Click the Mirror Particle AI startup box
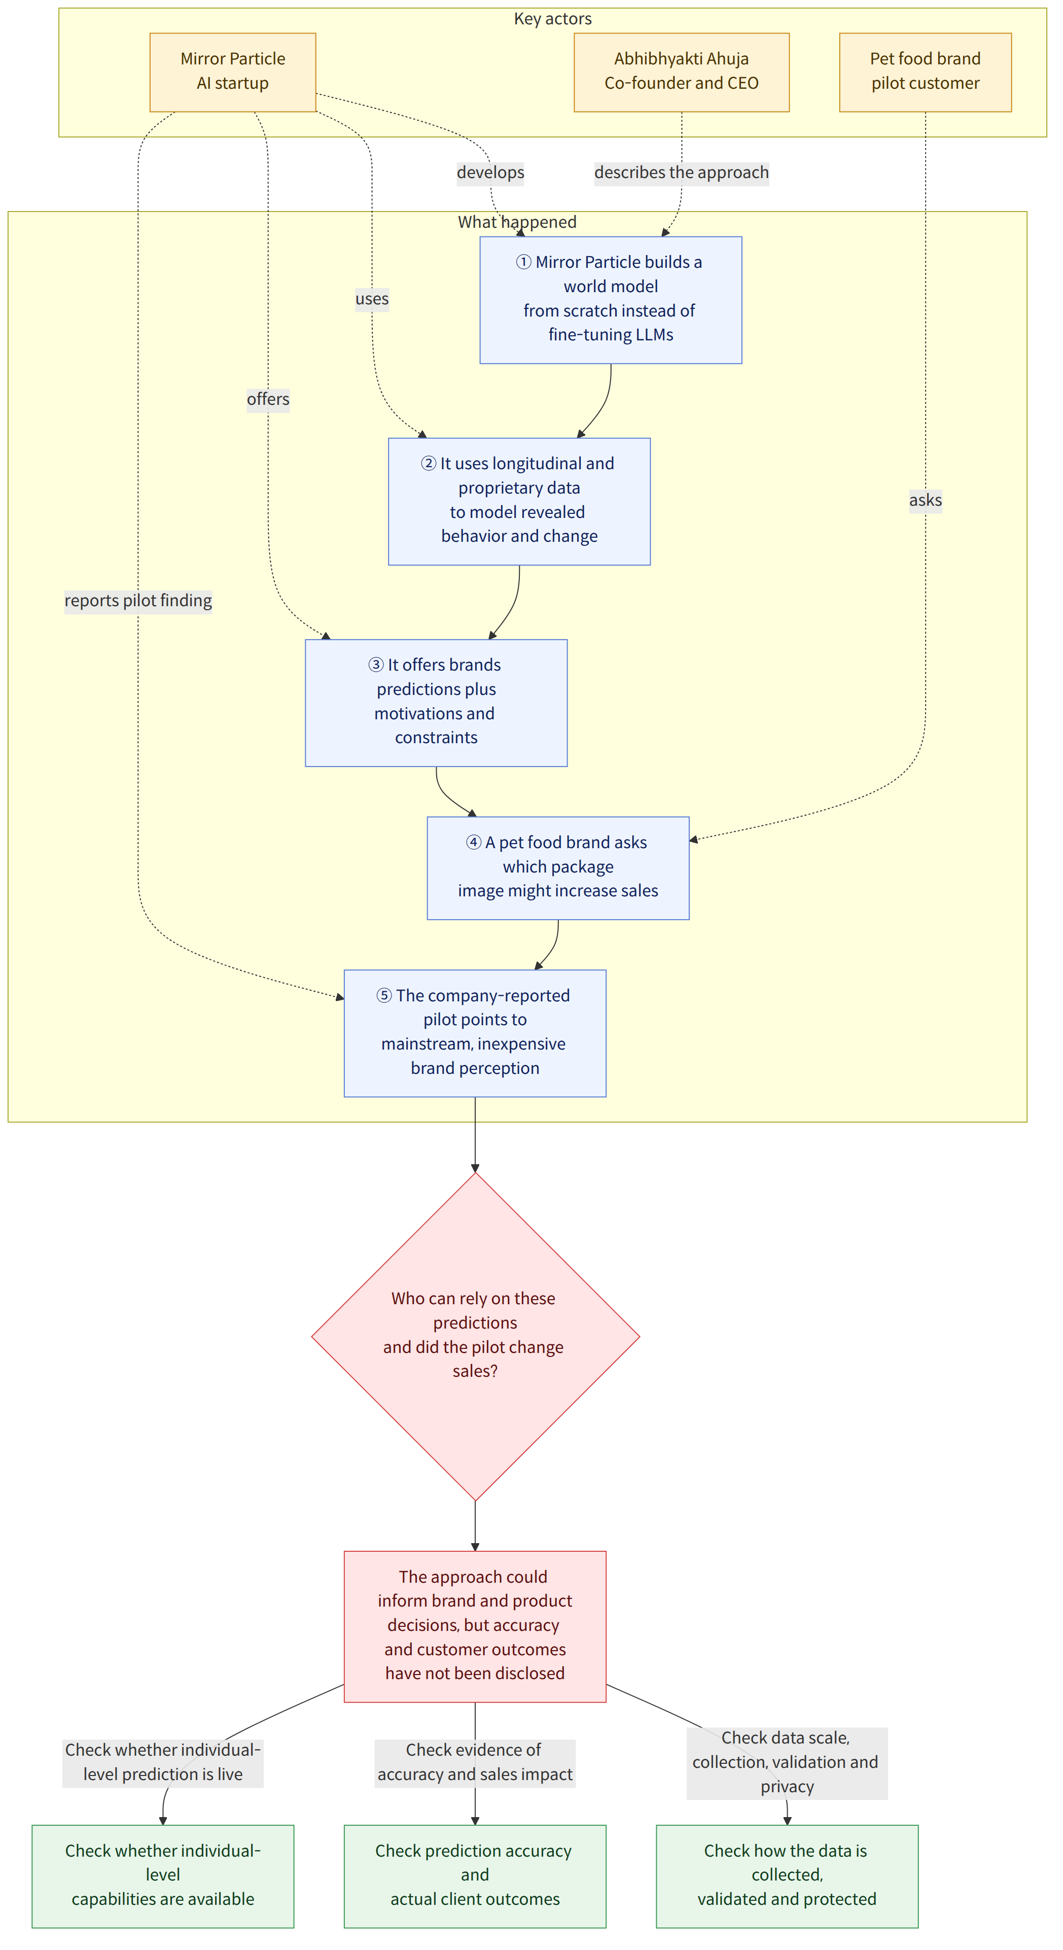point(232,72)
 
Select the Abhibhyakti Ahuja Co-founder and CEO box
point(681,72)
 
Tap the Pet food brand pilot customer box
point(925,72)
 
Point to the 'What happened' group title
point(517,222)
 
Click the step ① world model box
point(611,300)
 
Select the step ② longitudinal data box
point(519,501)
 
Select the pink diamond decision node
point(475,1336)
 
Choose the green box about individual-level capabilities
point(163,1876)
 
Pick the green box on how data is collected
point(787,1876)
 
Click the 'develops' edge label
point(490,172)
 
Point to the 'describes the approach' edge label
point(681,172)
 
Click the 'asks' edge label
point(925,500)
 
